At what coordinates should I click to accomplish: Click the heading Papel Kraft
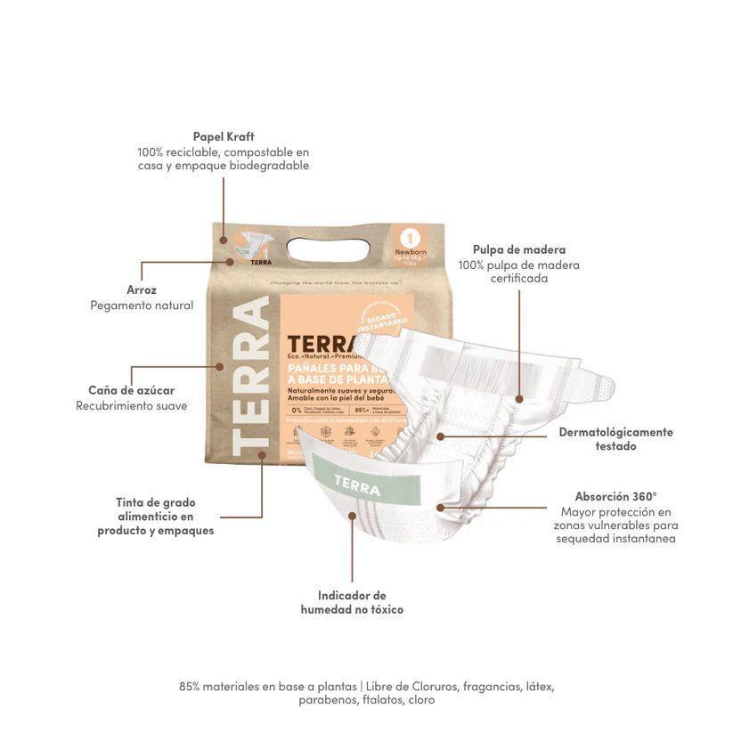[x=224, y=136]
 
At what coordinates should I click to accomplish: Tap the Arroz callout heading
[x=142, y=289]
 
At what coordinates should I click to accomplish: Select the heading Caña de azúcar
[x=131, y=390]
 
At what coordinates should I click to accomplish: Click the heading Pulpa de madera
[x=518, y=249]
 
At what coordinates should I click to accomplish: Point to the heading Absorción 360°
[x=615, y=496]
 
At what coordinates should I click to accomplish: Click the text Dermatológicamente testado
[x=615, y=438]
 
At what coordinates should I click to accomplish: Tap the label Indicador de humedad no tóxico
[x=352, y=602]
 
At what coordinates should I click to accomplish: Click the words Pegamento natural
[x=142, y=305]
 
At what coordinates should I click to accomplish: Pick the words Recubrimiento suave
[x=131, y=406]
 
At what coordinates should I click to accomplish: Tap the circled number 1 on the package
[x=411, y=239]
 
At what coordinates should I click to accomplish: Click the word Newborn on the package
[x=411, y=253]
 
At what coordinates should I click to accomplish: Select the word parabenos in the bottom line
[x=329, y=700]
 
